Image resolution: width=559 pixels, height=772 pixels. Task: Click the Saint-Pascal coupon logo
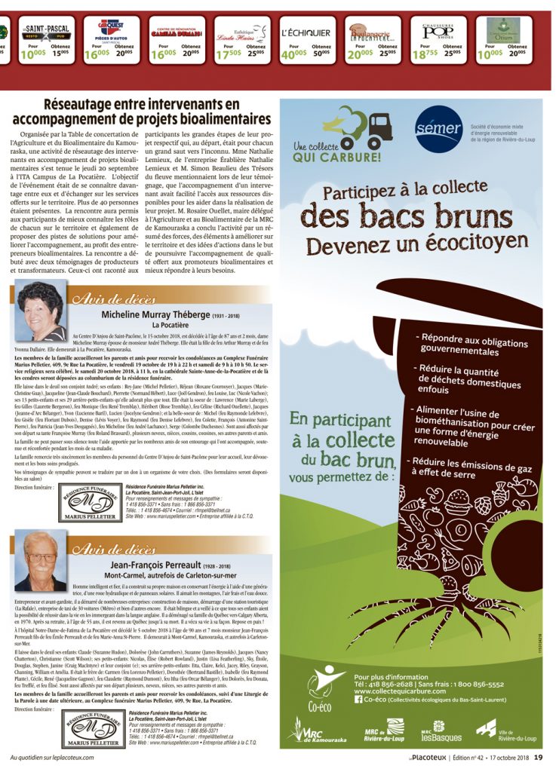point(46,32)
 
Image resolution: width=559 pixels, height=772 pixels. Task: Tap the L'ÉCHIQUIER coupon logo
point(305,33)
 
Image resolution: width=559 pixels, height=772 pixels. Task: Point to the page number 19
point(538,757)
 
